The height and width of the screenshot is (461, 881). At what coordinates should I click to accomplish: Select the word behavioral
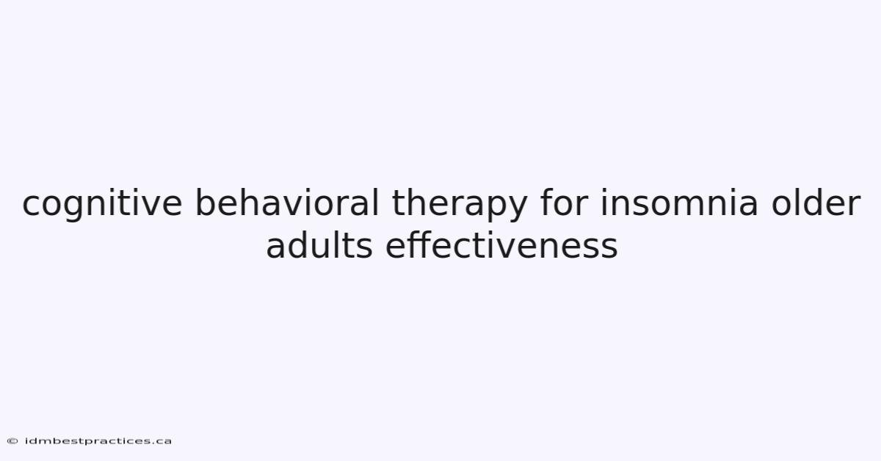[x=287, y=202]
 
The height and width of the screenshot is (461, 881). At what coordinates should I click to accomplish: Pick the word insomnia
[x=679, y=202]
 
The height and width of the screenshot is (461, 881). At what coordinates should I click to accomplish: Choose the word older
[x=816, y=202]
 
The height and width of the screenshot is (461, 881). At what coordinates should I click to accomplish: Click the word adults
[x=319, y=244]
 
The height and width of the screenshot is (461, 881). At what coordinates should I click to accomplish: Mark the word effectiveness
[x=501, y=244]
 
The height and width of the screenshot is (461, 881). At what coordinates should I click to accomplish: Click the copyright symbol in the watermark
[x=12, y=441]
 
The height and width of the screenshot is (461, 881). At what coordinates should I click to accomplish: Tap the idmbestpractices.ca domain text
[x=98, y=441]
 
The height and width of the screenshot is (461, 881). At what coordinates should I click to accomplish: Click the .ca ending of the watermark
[x=163, y=442]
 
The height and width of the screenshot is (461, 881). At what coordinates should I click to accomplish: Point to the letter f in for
[x=547, y=202]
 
